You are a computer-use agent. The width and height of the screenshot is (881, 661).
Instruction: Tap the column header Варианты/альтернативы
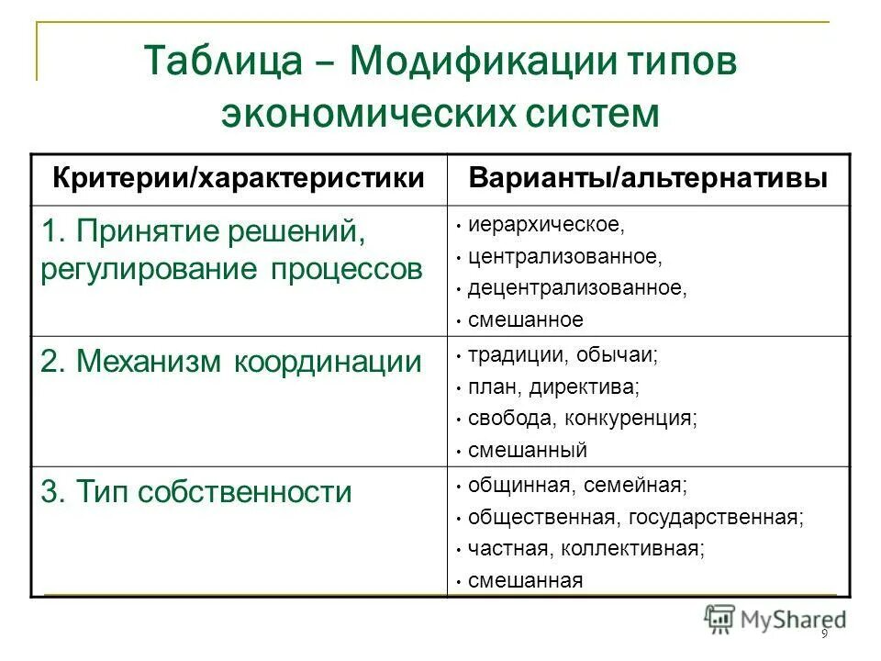648,178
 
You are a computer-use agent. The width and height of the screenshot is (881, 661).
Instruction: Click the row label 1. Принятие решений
203,231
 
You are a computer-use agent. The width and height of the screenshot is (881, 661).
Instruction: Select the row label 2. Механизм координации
230,362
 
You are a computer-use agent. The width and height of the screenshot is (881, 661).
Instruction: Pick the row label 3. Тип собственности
196,492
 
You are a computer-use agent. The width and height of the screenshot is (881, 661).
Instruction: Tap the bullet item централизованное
564,256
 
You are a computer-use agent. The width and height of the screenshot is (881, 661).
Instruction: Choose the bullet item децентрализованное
576,288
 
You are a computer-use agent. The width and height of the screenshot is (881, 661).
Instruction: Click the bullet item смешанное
525,320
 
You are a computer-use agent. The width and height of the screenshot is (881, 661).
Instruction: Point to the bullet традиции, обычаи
563,354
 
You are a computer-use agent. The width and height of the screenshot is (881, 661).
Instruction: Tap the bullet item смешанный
527,451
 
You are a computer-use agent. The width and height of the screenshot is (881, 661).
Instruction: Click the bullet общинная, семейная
576,484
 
